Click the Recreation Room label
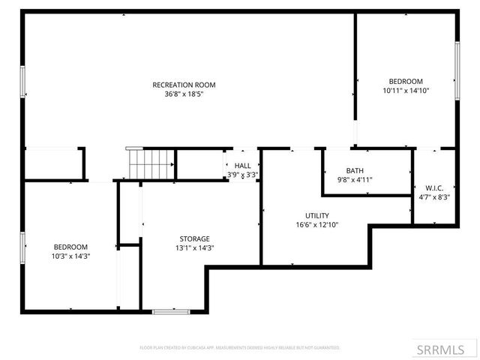click(x=184, y=85)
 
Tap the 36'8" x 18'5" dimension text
click(x=184, y=94)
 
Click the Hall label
click(x=242, y=166)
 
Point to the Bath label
click(x=355, y=170)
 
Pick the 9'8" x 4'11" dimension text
click(x=355, y=180)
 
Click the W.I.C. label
click(x=434, y=187)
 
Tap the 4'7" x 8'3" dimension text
click(x=434, y=197)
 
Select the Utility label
click(x=316, y=215)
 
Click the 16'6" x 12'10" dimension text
click(x=316, y=225)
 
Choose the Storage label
click(x=194, y=238)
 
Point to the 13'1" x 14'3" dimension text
click(x=194, y=248)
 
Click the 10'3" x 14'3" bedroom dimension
click(x=70, y=256)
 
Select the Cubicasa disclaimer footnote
click(x=240, y=348)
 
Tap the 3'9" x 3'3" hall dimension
click(x=242, y=175)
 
